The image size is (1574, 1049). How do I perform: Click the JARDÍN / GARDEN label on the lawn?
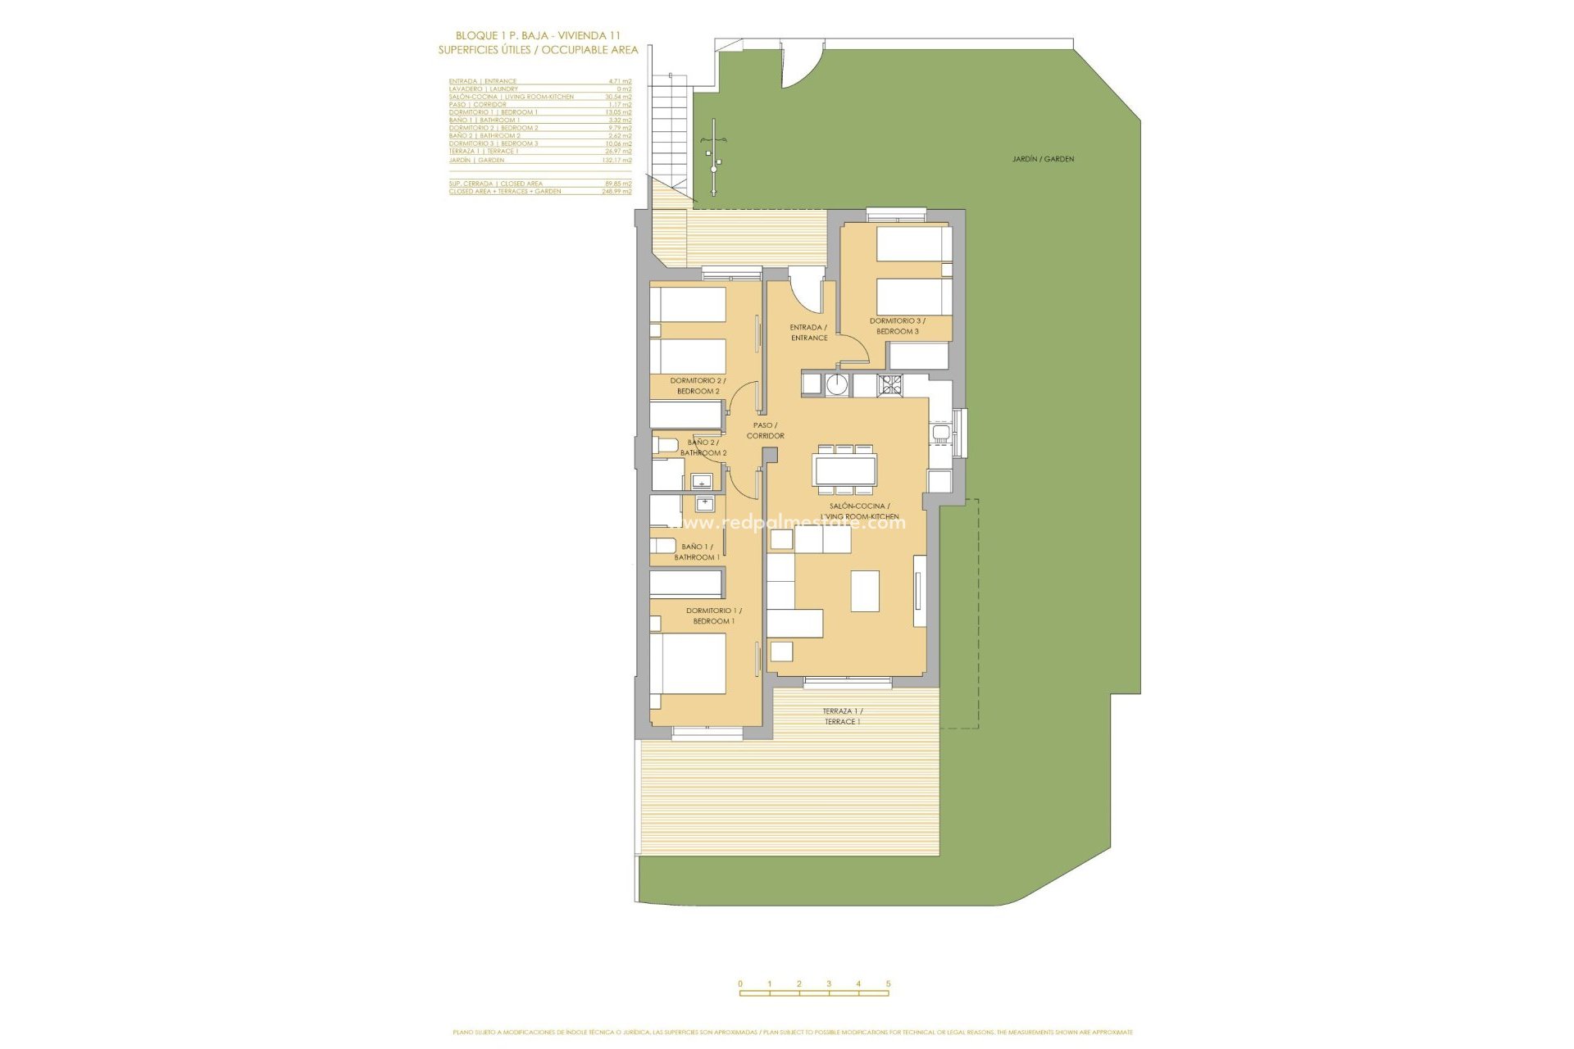(1043, 159)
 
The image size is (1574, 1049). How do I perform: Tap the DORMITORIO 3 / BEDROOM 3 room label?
(898, 326)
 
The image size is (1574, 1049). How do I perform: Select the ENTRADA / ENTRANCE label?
(808, 333)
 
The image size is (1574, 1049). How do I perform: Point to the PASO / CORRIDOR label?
(765, 430)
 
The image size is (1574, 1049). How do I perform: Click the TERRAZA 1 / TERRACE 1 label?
(843, 716)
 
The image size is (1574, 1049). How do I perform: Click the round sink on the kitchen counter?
(837, 384)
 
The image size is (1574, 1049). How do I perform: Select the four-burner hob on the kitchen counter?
(890, 384)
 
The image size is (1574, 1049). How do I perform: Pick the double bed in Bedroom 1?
(689, 663)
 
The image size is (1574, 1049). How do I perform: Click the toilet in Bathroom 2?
(666, 445)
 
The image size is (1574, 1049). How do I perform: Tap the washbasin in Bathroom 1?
(704, 503)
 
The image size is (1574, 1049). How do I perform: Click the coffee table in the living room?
(865, 591)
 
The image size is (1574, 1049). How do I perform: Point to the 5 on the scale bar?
(888, 983)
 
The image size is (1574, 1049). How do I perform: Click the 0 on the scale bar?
(740, 983)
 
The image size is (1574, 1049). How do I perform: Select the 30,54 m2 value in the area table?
(618, 97)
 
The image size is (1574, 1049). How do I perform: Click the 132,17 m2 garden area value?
(616, 160)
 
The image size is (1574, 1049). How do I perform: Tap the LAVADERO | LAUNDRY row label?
(483, 89)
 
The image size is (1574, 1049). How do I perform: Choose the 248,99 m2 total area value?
(616, 191)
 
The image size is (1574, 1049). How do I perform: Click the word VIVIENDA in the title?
(582, 35)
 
